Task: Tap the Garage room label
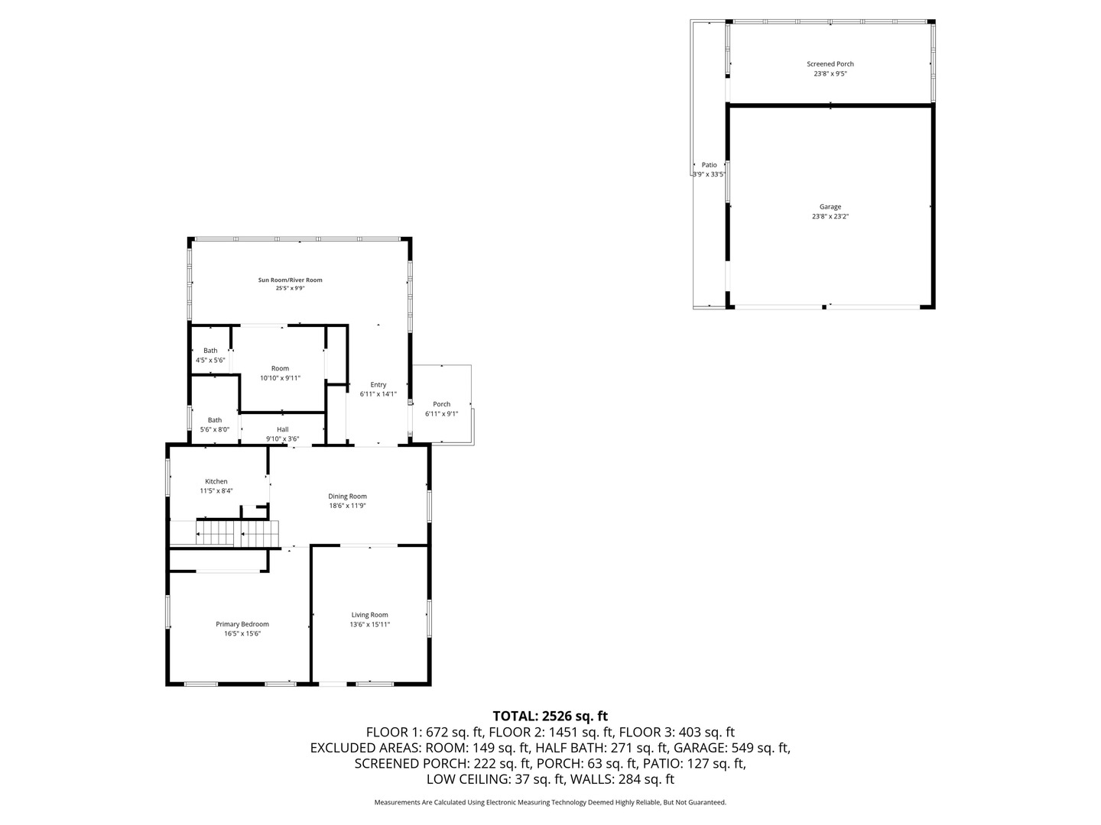click(x=830, y=207)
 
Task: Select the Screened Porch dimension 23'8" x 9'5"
click(x=830, y=74)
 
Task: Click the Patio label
click(x=710, y=165)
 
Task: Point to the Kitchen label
click(x=216, y=481)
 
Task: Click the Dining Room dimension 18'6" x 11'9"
click(x=348, y=506)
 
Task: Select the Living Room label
click(x=370, y=615)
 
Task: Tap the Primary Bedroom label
click(x=242, y=624)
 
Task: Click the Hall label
click(x=283, y=429)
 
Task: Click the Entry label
click(x=378, y=385)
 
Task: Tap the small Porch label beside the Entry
click(x=442, y=404)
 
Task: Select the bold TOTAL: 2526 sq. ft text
click(x=550, y=716)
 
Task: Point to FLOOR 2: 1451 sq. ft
click(x=550, y=732)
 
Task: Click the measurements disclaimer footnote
click(x=550, y=802)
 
